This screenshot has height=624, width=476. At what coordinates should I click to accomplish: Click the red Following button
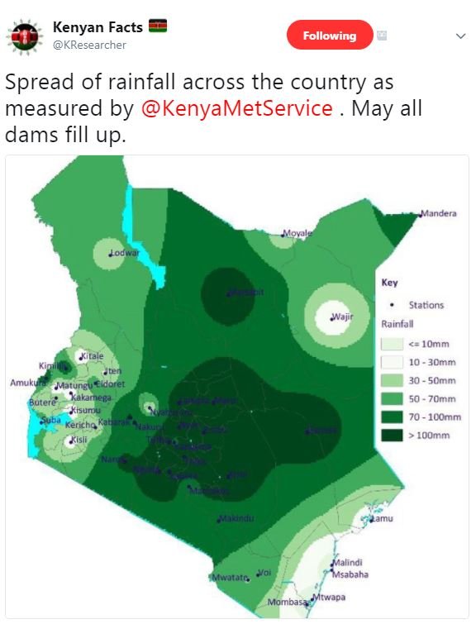(x=329, y=36)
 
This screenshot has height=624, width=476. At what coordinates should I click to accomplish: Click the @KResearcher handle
(x=89, y=45)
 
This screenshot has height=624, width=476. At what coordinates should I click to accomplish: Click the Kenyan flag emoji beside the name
(x=158, y=27)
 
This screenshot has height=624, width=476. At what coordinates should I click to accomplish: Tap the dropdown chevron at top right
(x=460, y=36)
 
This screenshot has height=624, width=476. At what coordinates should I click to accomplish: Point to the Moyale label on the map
(x=297, y=233)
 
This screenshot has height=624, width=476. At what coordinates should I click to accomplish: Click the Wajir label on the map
(x=341, y=317)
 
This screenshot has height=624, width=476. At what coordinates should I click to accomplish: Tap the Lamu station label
(x=382, y=518)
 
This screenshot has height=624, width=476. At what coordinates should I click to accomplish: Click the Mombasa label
(x=286, y=603)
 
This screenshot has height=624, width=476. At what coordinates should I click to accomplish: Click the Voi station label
(x=264, y=572)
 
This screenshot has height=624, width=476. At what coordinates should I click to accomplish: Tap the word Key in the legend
(x=389, y=283)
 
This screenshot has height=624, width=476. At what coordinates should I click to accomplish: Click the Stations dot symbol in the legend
(x=392, y=305)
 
